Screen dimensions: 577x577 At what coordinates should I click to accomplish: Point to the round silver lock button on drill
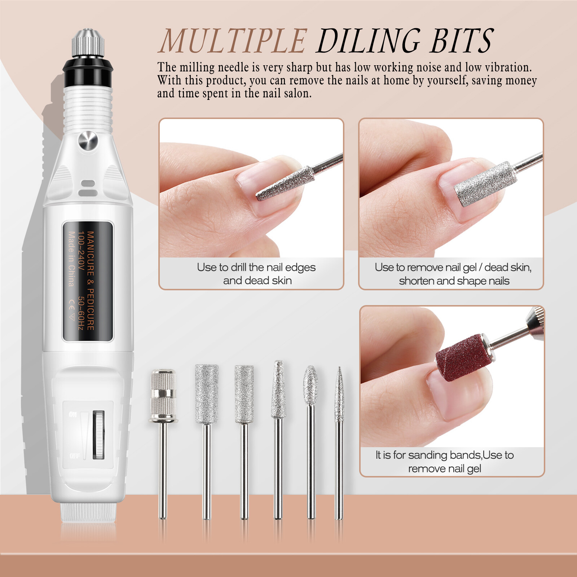click(88, 141)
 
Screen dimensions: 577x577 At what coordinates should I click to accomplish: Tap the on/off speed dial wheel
click(98, 434)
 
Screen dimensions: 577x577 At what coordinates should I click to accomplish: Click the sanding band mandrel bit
click(163, 397)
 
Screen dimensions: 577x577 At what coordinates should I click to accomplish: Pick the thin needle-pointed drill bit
click(339, 397)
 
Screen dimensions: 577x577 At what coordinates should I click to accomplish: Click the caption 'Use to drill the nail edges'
click(256, 267)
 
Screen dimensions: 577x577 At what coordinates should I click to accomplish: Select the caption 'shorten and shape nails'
click(454, 281)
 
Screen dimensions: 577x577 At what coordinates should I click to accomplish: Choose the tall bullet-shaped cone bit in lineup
click(278, 389)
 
